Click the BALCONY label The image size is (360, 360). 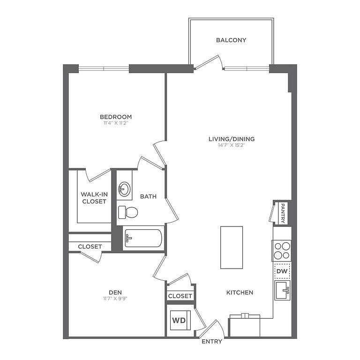(231, 40)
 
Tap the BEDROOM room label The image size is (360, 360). (116, 117)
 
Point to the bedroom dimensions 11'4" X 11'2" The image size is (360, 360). (116, 123)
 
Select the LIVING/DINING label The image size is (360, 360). (232, 139)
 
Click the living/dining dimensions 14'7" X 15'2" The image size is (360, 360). (232, 145)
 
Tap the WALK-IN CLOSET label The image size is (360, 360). (94, 198)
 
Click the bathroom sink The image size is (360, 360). (124, 189)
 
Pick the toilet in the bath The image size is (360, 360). (128, 212)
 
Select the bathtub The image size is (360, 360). (143, 238)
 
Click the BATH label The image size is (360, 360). (148, 196)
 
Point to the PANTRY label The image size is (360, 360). (283, 213)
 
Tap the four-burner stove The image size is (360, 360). (282, 250)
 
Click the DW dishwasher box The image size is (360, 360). (282, 271)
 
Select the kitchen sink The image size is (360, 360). (282, 290)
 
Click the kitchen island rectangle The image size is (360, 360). (232, 247)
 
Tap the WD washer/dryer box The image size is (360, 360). (180, 320)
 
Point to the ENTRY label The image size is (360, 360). (212, 341)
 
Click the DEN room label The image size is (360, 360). (115, 292)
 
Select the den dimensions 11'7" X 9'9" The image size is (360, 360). (115, 299)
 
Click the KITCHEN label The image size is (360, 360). (240, 292)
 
